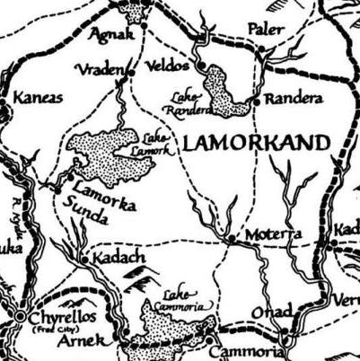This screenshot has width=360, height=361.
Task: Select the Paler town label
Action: (264, 30)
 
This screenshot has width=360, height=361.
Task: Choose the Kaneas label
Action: (39, 97)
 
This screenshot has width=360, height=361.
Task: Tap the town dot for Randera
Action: (256, 101)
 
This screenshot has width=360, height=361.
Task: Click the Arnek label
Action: (89, 340)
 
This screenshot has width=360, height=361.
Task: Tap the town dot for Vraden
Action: (130, 72)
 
